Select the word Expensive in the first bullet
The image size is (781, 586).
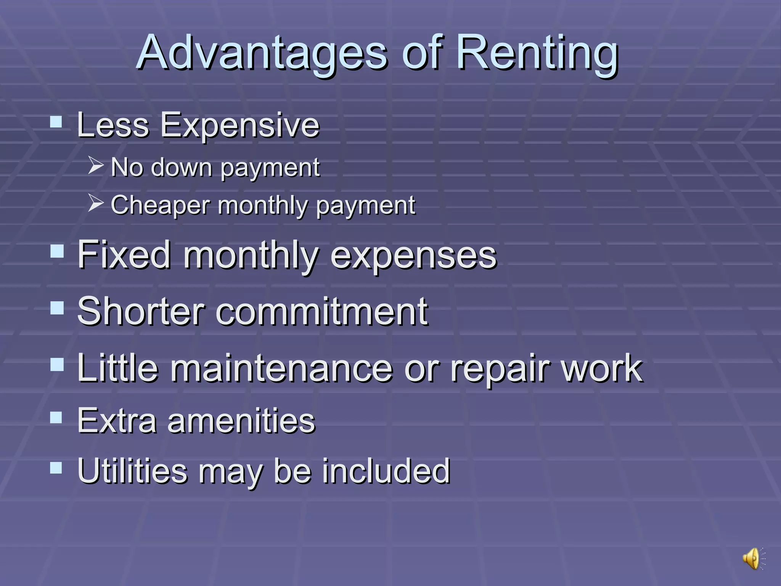[x=239, y=125]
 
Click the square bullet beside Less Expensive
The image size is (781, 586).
[x=56, y=122]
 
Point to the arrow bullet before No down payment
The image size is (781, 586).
[x=95, y=165]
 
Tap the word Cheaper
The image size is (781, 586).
[x=160, y=205]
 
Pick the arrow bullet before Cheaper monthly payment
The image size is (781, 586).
[x=95, y=203]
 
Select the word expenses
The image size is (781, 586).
[x=413, y=256]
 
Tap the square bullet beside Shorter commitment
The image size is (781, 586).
[x=57, y=307]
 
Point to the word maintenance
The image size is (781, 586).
[x=281, y=368]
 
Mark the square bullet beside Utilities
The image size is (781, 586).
[x=56, y=467]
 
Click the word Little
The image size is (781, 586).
[x=117, y=368]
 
